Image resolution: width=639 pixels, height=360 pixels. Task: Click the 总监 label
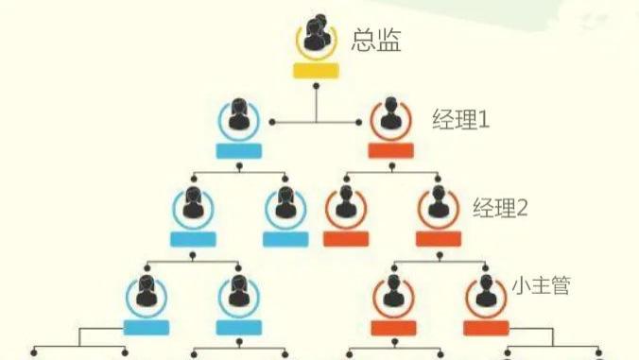pos(376,41)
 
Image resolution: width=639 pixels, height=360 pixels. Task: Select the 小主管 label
pos(541,284)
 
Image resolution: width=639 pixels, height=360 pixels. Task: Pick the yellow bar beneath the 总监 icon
pos(317,72)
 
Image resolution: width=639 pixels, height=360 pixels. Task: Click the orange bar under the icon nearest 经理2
pos(438,238)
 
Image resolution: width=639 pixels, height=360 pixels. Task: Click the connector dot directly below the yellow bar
pos(317,86)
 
